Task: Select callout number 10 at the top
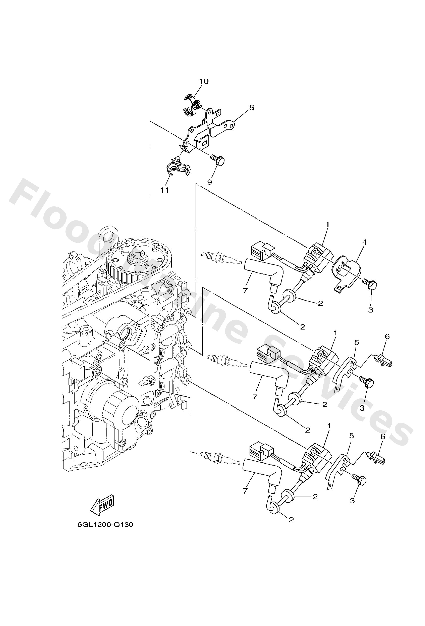click(x=204, y=81)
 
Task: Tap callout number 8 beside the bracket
click(x=251, y=107)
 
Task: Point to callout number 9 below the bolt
click(x=210, y=182)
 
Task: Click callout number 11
click(x=164, y=190)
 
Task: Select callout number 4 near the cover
click(x=364, y=242)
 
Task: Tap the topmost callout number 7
click(x=245, y=291)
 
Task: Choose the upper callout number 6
click(x=387, y=336)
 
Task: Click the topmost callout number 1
click(x=327, y=224)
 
